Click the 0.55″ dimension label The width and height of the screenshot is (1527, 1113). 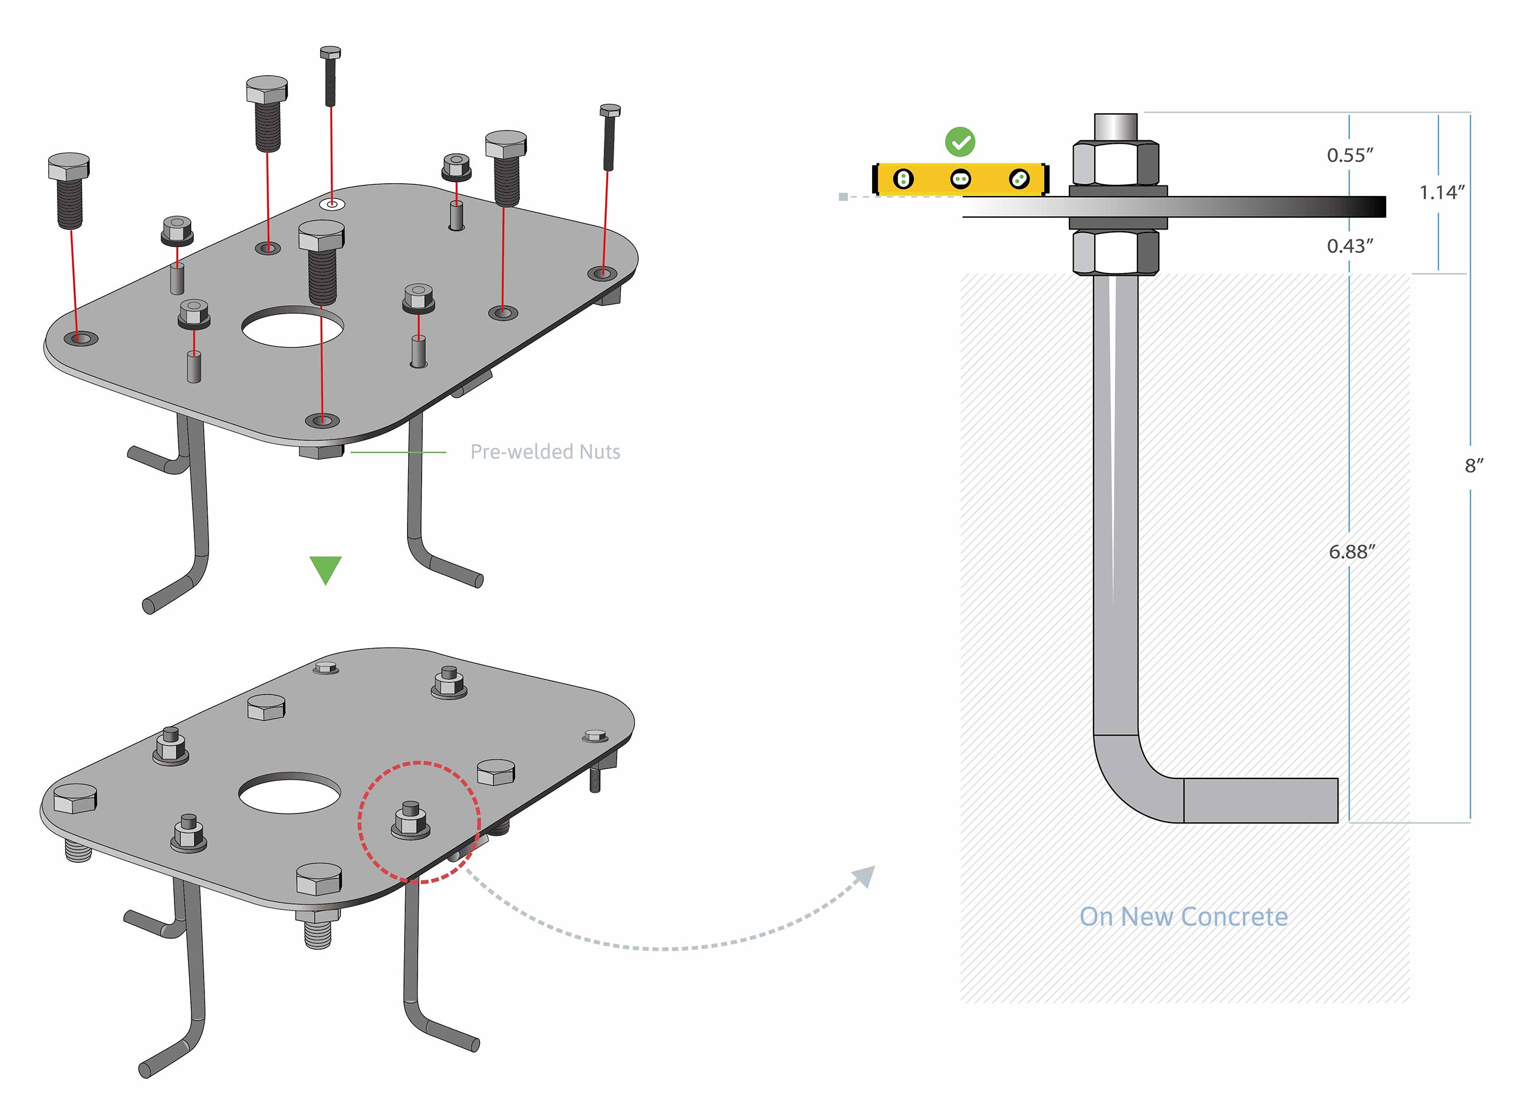coord(1349,156)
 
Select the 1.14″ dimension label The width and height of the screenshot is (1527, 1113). coord(1441,193)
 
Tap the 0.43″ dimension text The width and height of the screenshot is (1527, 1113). coord(1349,247)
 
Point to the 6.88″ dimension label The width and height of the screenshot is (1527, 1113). coord(1351,552)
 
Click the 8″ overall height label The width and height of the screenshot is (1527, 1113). coord(1474,466)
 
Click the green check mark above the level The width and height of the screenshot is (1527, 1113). coord(960,142)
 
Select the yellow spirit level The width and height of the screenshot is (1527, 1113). coord(960,179)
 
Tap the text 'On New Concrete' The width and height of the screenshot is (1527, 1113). coord(1183,917)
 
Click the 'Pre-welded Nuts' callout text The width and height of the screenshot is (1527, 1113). coord(544,452)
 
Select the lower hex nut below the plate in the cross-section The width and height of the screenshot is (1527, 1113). coord(1115,252)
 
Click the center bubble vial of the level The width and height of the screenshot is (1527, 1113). coord(960,179)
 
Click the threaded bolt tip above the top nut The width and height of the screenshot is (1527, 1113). coord(1115,127)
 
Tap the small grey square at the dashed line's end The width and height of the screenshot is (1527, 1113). coord(843,197)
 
